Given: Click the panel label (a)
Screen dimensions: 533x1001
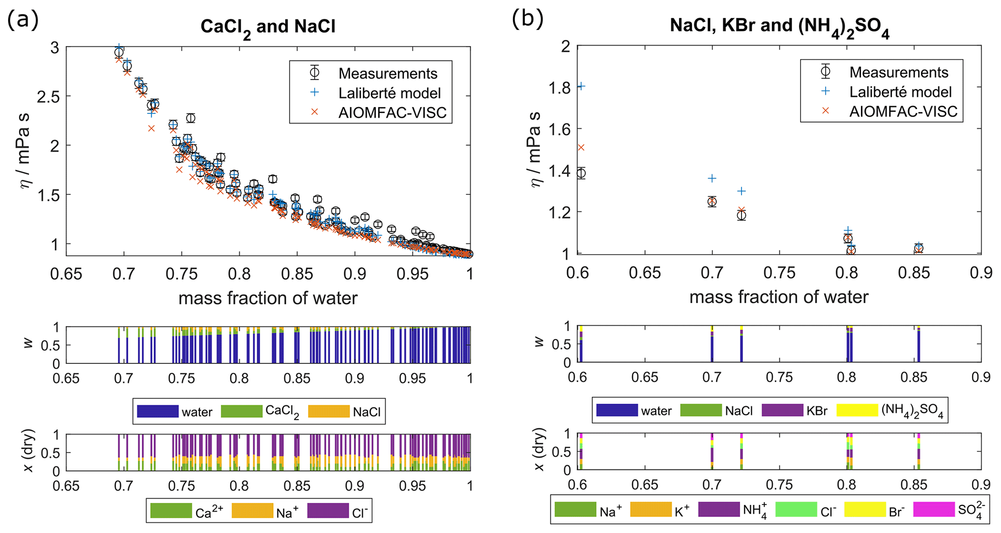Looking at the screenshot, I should point(23,20).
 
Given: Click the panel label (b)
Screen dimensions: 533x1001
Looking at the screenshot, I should point(527,19).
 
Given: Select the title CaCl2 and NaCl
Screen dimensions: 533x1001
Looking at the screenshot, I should point(268,27).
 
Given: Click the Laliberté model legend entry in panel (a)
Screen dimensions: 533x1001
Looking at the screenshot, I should point(389,93).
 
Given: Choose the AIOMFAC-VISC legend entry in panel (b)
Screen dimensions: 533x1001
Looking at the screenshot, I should point(903,111).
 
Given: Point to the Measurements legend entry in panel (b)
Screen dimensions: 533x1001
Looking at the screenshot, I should point(898,72).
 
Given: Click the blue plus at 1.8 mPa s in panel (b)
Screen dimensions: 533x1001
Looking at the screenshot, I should point(582,86).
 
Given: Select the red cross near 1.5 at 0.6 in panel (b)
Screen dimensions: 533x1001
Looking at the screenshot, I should point(582,147).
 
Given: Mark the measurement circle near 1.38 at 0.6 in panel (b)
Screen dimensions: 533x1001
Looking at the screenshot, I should point(582,173).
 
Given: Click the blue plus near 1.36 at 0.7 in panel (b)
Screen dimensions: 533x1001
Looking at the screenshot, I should point(712,178).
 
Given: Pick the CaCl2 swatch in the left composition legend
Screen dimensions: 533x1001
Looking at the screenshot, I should point(242,411).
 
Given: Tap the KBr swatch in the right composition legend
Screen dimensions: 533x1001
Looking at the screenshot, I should point(782,410).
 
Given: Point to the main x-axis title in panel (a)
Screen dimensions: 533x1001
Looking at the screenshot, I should point(268,298).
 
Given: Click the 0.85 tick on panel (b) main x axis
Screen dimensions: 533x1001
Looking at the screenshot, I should point(913,273).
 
